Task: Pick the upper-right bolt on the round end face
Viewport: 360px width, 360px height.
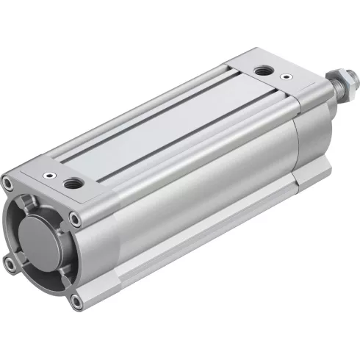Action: (x=75, y=217)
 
